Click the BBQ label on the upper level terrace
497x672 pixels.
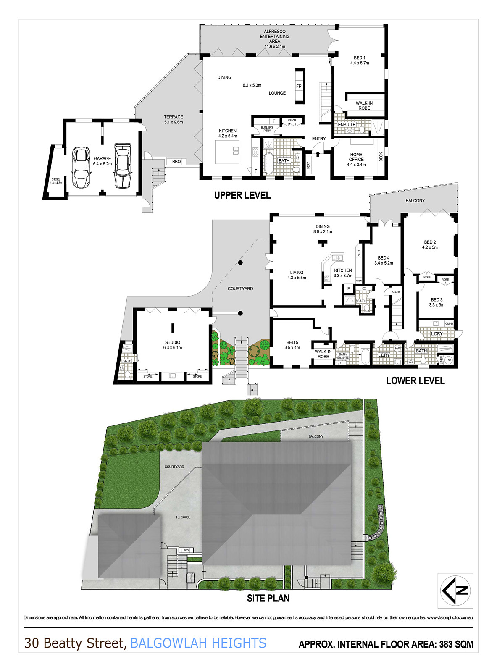tap(176, 162)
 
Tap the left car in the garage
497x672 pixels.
tap(81, 167)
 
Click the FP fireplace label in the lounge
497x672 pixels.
tap(299, 86)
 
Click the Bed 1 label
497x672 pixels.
tap(360, 60)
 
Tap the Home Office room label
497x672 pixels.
tap(356, 159)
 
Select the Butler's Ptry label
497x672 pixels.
tap(267, 129)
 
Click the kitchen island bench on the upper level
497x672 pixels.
tap(227, 152)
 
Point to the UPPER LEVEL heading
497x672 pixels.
tap(242, 195)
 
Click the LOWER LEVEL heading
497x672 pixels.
tap(415, 381)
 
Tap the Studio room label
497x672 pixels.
tap(173, 345)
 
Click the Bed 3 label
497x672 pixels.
tap(437, 302)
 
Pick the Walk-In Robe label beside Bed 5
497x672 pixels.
tap(323, 354)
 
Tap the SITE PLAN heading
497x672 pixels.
tap(268, 598)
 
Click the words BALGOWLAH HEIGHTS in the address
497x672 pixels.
tap(198, 643)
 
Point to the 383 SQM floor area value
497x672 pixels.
tap(456, 644)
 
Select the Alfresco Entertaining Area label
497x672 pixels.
tap(275, 39)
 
